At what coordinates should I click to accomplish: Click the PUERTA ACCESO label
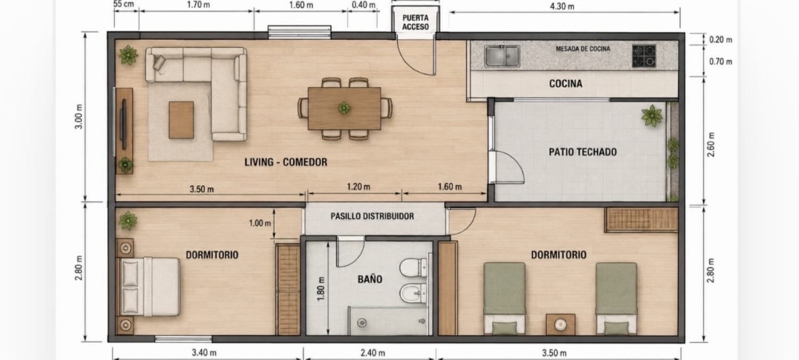[x=416, y=22]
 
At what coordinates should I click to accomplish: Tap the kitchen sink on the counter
[x=502, y=56]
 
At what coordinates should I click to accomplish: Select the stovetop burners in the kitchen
[x=644, y=56]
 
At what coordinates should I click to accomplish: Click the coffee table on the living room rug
[x=181, y=120]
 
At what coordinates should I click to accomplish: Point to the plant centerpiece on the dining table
[x=344, y=108]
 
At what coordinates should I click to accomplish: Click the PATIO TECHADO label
[x=582, y=152]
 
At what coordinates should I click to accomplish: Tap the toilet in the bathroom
[x=413, y=267]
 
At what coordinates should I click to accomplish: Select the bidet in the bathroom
[x=413, y=293]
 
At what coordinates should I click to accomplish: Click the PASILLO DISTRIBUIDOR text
[x=372, y=216]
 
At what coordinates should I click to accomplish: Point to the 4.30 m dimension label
[x=562, y=6]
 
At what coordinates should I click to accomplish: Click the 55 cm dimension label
[x=124, y=4]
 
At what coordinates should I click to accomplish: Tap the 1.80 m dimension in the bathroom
[x=321, y=289]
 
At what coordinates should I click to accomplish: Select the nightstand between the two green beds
[x=561, y=324]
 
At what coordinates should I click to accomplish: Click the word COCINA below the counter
[x=566, y=84]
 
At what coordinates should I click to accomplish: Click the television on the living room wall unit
[x=124, y=124]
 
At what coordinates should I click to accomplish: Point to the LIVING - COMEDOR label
[x=285, y=162]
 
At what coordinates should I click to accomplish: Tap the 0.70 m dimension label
[x=720, y=62]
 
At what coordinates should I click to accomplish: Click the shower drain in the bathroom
[x=362, y=323]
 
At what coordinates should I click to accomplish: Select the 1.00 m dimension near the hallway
[x=260, y=223]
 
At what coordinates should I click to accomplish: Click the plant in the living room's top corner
[x=128, y=56]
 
